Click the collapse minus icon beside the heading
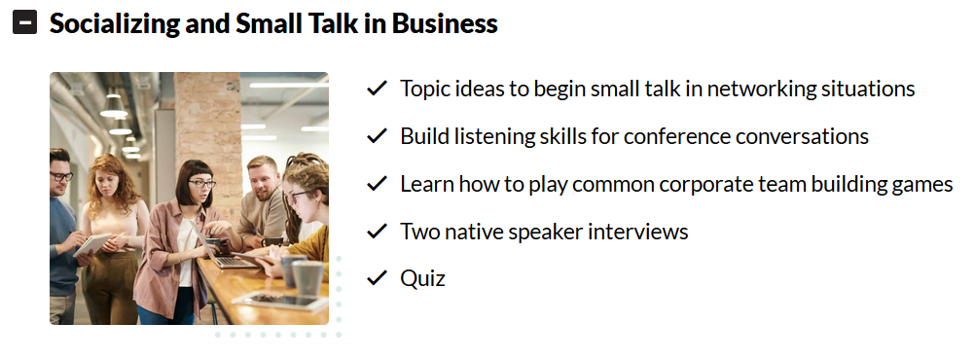[x=25, y=23]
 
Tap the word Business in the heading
[x=444, y=23]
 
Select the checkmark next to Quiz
[x=377, y=278]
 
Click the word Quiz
[x=423, y=278]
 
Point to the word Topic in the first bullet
[x=425, y=89]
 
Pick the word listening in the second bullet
[x=487, y=136]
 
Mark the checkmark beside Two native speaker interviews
[x=377, y=231]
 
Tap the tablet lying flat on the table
[x=283, y=302]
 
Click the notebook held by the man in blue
[x=91, y=244]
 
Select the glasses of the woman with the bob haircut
[x=202, y=184]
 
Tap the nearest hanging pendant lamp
[x=113, y=106]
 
